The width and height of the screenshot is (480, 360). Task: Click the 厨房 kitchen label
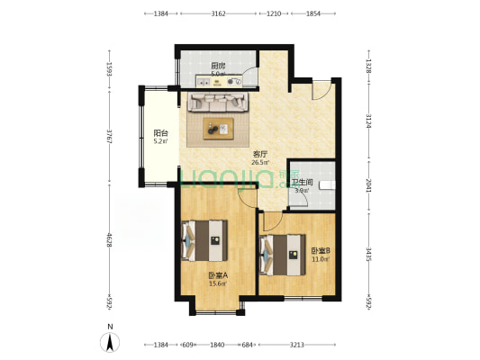point(217,66)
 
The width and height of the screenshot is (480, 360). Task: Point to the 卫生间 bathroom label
point(303,182)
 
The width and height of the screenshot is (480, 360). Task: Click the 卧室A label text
point(217,275)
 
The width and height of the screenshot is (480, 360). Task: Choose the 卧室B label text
point(321,251)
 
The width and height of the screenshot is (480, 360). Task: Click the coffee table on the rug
point(217,130)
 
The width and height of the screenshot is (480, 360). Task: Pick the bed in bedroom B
point(278,253)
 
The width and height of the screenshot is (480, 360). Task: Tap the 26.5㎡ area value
point(261,163)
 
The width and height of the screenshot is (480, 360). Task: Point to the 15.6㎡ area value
point(217,283)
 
